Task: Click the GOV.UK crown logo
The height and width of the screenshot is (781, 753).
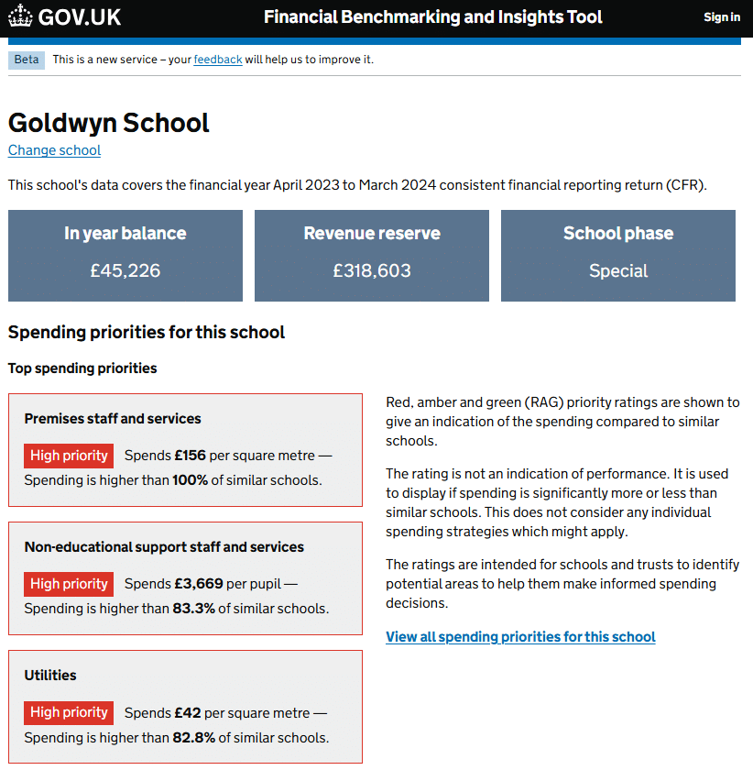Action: coord(20,16)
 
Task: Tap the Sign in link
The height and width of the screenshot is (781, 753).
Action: coord(722,17)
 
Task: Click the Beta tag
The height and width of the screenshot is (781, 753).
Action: coord(27,60)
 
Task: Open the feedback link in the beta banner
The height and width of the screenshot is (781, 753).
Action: coord(218,60)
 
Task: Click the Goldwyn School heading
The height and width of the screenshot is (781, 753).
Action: coord(109,123)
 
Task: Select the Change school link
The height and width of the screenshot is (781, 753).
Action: coord(54,150)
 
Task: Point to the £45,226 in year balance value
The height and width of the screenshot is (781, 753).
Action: coord(125,270)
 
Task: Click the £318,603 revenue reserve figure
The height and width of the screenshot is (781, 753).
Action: coord(372,270)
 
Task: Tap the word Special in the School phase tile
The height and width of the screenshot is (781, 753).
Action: coord(618,270)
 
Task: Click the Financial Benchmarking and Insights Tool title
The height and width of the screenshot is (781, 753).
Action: coord(433,17)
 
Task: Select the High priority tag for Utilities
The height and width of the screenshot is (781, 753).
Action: coord(69,712)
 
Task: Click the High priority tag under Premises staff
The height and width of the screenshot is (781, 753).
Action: coord(69,456)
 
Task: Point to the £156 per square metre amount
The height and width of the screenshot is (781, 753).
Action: coord(190,456)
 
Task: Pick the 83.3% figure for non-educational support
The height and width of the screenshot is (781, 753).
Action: coord(193,609)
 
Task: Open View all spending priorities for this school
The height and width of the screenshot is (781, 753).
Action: coord(520,637)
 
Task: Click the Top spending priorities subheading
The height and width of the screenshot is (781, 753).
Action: coord(82,368)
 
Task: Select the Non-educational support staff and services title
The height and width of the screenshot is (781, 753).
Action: coord(164,547)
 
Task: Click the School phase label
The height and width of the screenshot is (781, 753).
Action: coord(618,234)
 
